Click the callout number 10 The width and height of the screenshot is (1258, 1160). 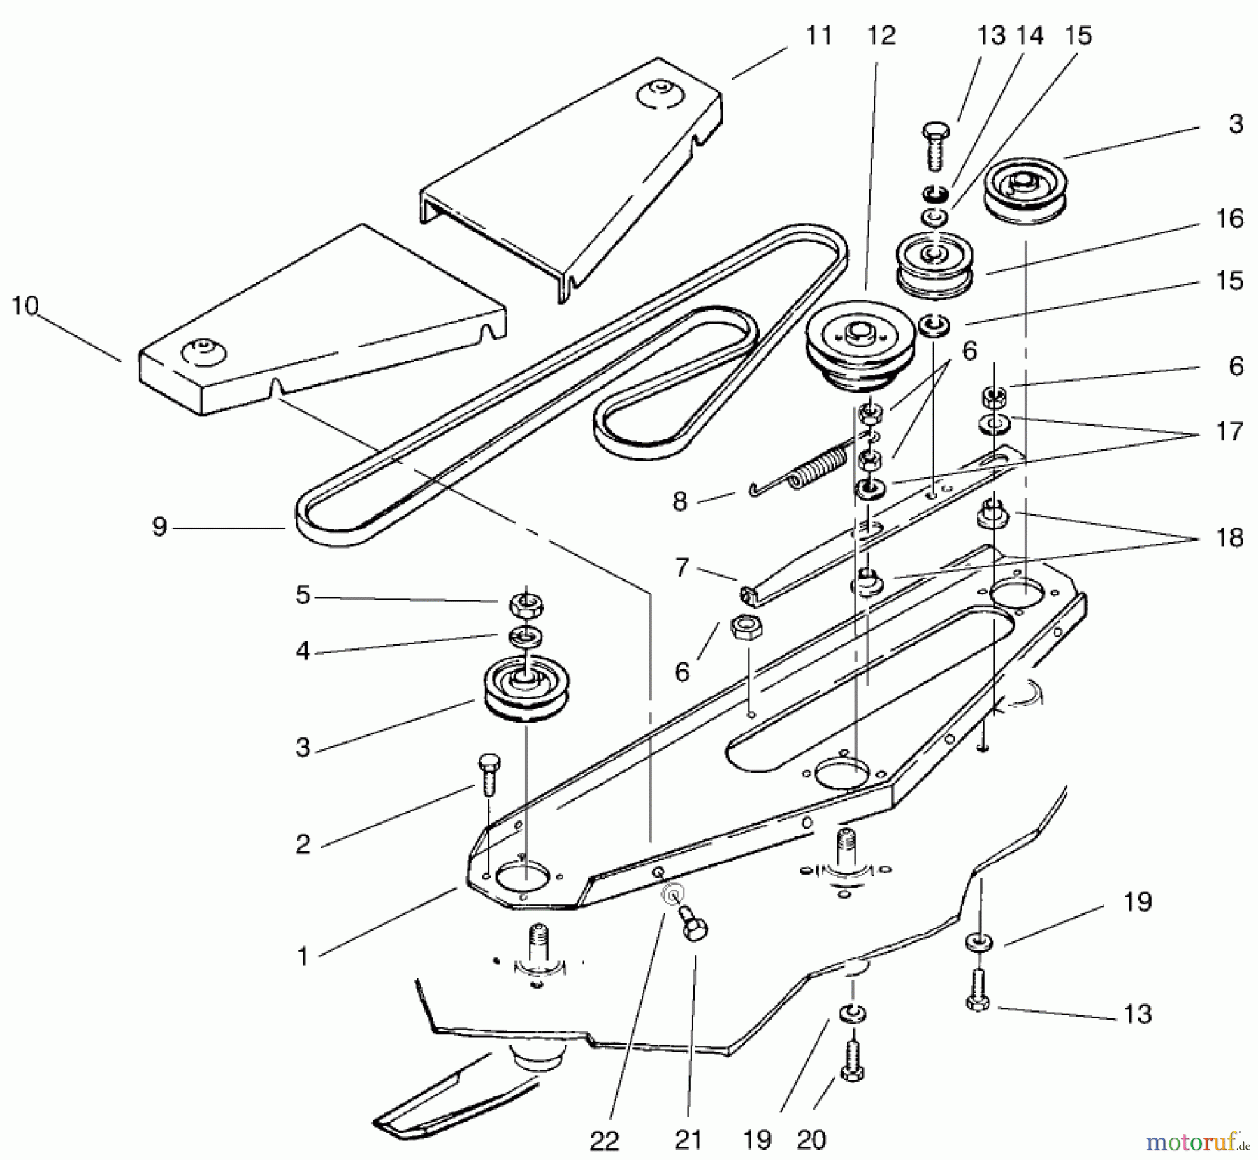tap(25, 306)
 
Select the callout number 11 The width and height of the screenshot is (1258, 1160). tap(818, 35)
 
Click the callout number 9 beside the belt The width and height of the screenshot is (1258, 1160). tap(159, 527)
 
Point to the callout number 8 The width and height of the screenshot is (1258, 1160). tap(679, 501)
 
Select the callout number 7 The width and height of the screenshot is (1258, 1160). tap(682, 567)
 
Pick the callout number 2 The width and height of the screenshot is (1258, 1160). tap(302, 844)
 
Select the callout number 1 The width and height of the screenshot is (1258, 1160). tap(302, 956)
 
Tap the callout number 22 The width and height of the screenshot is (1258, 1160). tap(604, 1140)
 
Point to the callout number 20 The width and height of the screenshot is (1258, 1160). tap(811, 1140)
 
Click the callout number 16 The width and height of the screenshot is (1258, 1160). tap(1229, 219)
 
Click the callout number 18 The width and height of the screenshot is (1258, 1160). tap(1229, 537)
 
